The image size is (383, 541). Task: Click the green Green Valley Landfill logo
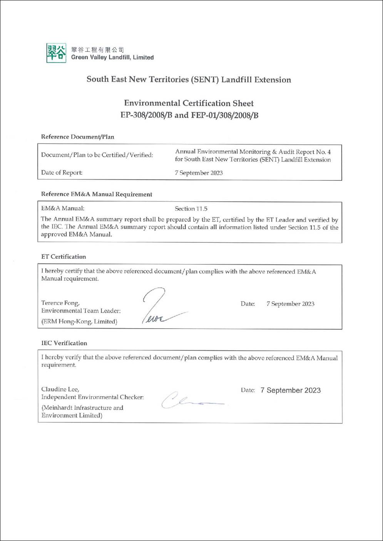click(56, 53)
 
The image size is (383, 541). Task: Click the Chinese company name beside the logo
click(97, 50)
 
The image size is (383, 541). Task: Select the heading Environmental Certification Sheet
click(189, 103)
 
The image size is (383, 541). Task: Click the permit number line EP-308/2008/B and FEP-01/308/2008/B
click(189, 115)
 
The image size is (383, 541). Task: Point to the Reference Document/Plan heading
click(77, 137)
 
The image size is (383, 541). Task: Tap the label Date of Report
click(62, 172)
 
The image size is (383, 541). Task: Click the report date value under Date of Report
click(199, 173)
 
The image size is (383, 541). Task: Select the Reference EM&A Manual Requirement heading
click(97, 194)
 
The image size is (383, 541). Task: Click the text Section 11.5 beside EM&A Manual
click(191, 209)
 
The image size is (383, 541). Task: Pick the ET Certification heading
click(64, 257)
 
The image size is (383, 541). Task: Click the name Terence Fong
click(60, 303)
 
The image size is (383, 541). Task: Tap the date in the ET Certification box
click(290, 304)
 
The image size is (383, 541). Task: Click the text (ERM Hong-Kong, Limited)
click(79, 321)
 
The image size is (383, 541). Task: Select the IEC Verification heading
click(64, 343)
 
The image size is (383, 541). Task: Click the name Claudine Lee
click(60, 389)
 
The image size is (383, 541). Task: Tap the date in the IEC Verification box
click(290, 390)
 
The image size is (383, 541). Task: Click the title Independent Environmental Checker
click(92, 397)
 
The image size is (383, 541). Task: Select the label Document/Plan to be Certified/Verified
click(97, 155)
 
